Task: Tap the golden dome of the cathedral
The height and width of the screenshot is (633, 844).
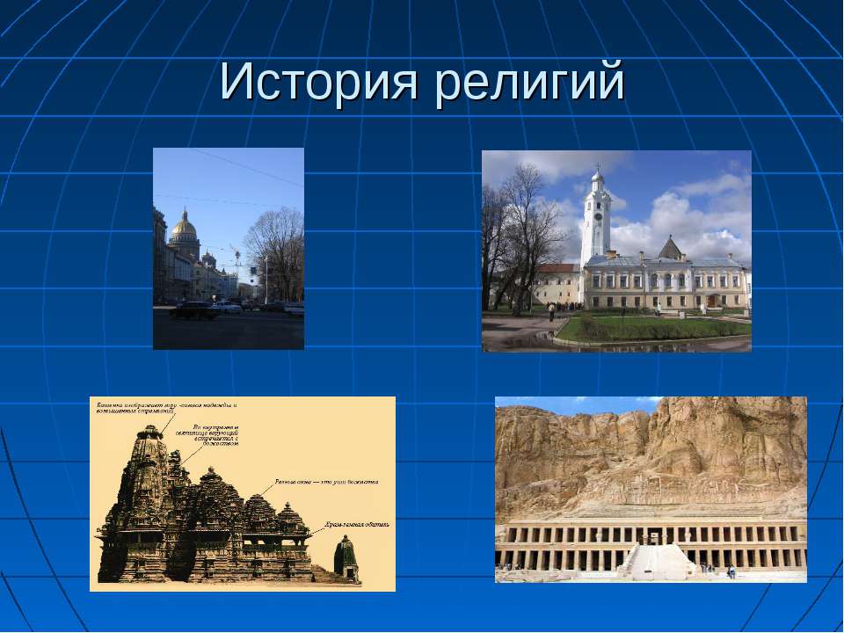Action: pyautogui.click(x=184, y=227)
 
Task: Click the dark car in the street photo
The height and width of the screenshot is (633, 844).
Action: pyautogui.click(x=194, y=310)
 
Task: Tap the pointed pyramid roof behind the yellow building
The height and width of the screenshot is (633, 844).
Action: pyautogui.click(x=671, y=248)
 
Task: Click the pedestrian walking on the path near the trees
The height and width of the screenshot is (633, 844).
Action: pyautogui.click(x=551, y=311)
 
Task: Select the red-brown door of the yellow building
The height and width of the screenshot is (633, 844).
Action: pyautogui.click(x=709, y=301)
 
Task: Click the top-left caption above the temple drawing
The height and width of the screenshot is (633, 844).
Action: pyautogui.click(x=167, y=407)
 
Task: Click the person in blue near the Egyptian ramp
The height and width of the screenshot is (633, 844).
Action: pyautogui.click(x=731, y=571)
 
